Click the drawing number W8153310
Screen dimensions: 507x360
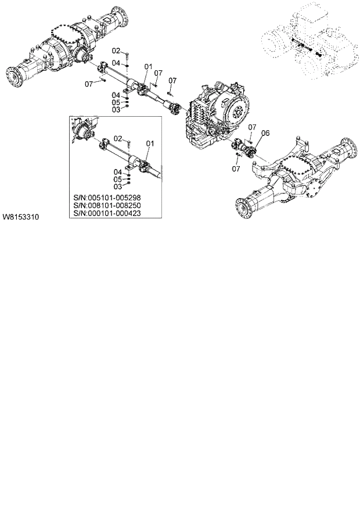[20, 217]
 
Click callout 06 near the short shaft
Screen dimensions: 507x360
[266, 133]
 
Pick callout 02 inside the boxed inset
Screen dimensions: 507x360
[117, 138]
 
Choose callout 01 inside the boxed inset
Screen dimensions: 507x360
[150, 143]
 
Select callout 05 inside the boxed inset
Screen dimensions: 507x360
[117, 179]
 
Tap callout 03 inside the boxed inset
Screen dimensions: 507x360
[117, 186]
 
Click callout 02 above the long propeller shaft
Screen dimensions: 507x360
[116, 51]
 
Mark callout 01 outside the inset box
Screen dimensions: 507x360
[148, 67]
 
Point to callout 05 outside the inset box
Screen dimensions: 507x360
[116, 102]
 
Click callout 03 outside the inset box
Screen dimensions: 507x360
[116, 109]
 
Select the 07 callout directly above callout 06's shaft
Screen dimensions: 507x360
[252, 127]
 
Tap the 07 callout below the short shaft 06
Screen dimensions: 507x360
[236, 168]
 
